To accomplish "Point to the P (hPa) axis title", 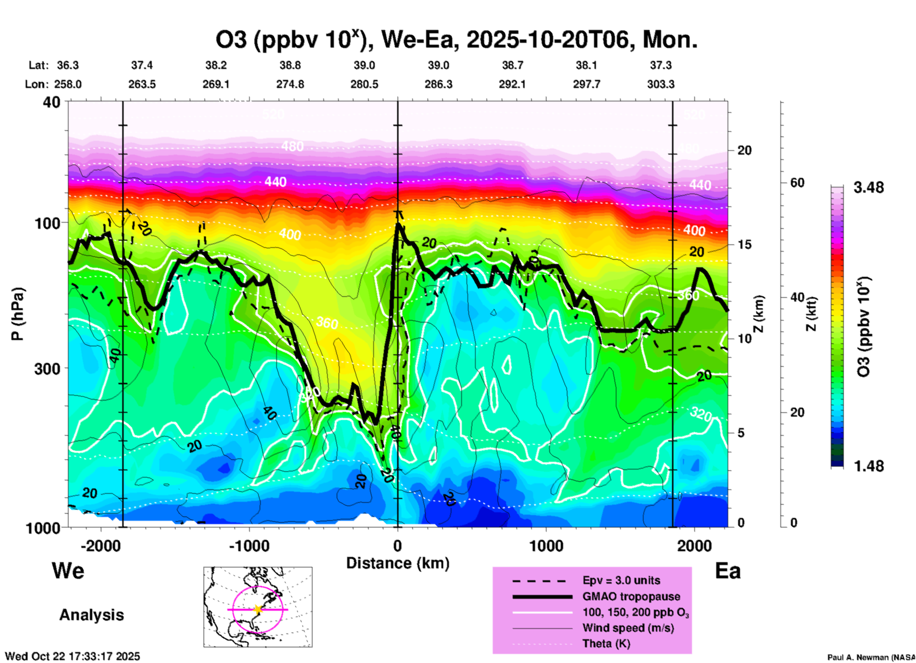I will click(x=18, y=314).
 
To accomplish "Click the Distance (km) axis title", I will click(x=398, y=563).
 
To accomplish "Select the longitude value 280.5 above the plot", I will click(x=364, y=85).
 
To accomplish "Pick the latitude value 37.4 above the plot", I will click(x=142, y=65).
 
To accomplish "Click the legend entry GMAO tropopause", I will click(x=631, y=596).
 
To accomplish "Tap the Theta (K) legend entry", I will click(x=606, y=644).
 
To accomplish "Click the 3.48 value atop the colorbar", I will click(x=868, y=188).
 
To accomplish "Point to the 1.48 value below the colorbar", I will click(x=868, y=466).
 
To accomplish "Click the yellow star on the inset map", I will click(x=258, y=609).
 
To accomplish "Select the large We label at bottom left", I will click(x=68, y=571).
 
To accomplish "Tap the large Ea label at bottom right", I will click(x=728, y=571).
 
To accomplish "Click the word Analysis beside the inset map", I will click(x=91, y=615).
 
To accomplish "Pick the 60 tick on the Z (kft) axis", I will click(x=797, y=183).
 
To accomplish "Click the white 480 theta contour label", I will click(x=292, y=146).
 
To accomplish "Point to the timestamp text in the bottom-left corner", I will click(x=72, y=657).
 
